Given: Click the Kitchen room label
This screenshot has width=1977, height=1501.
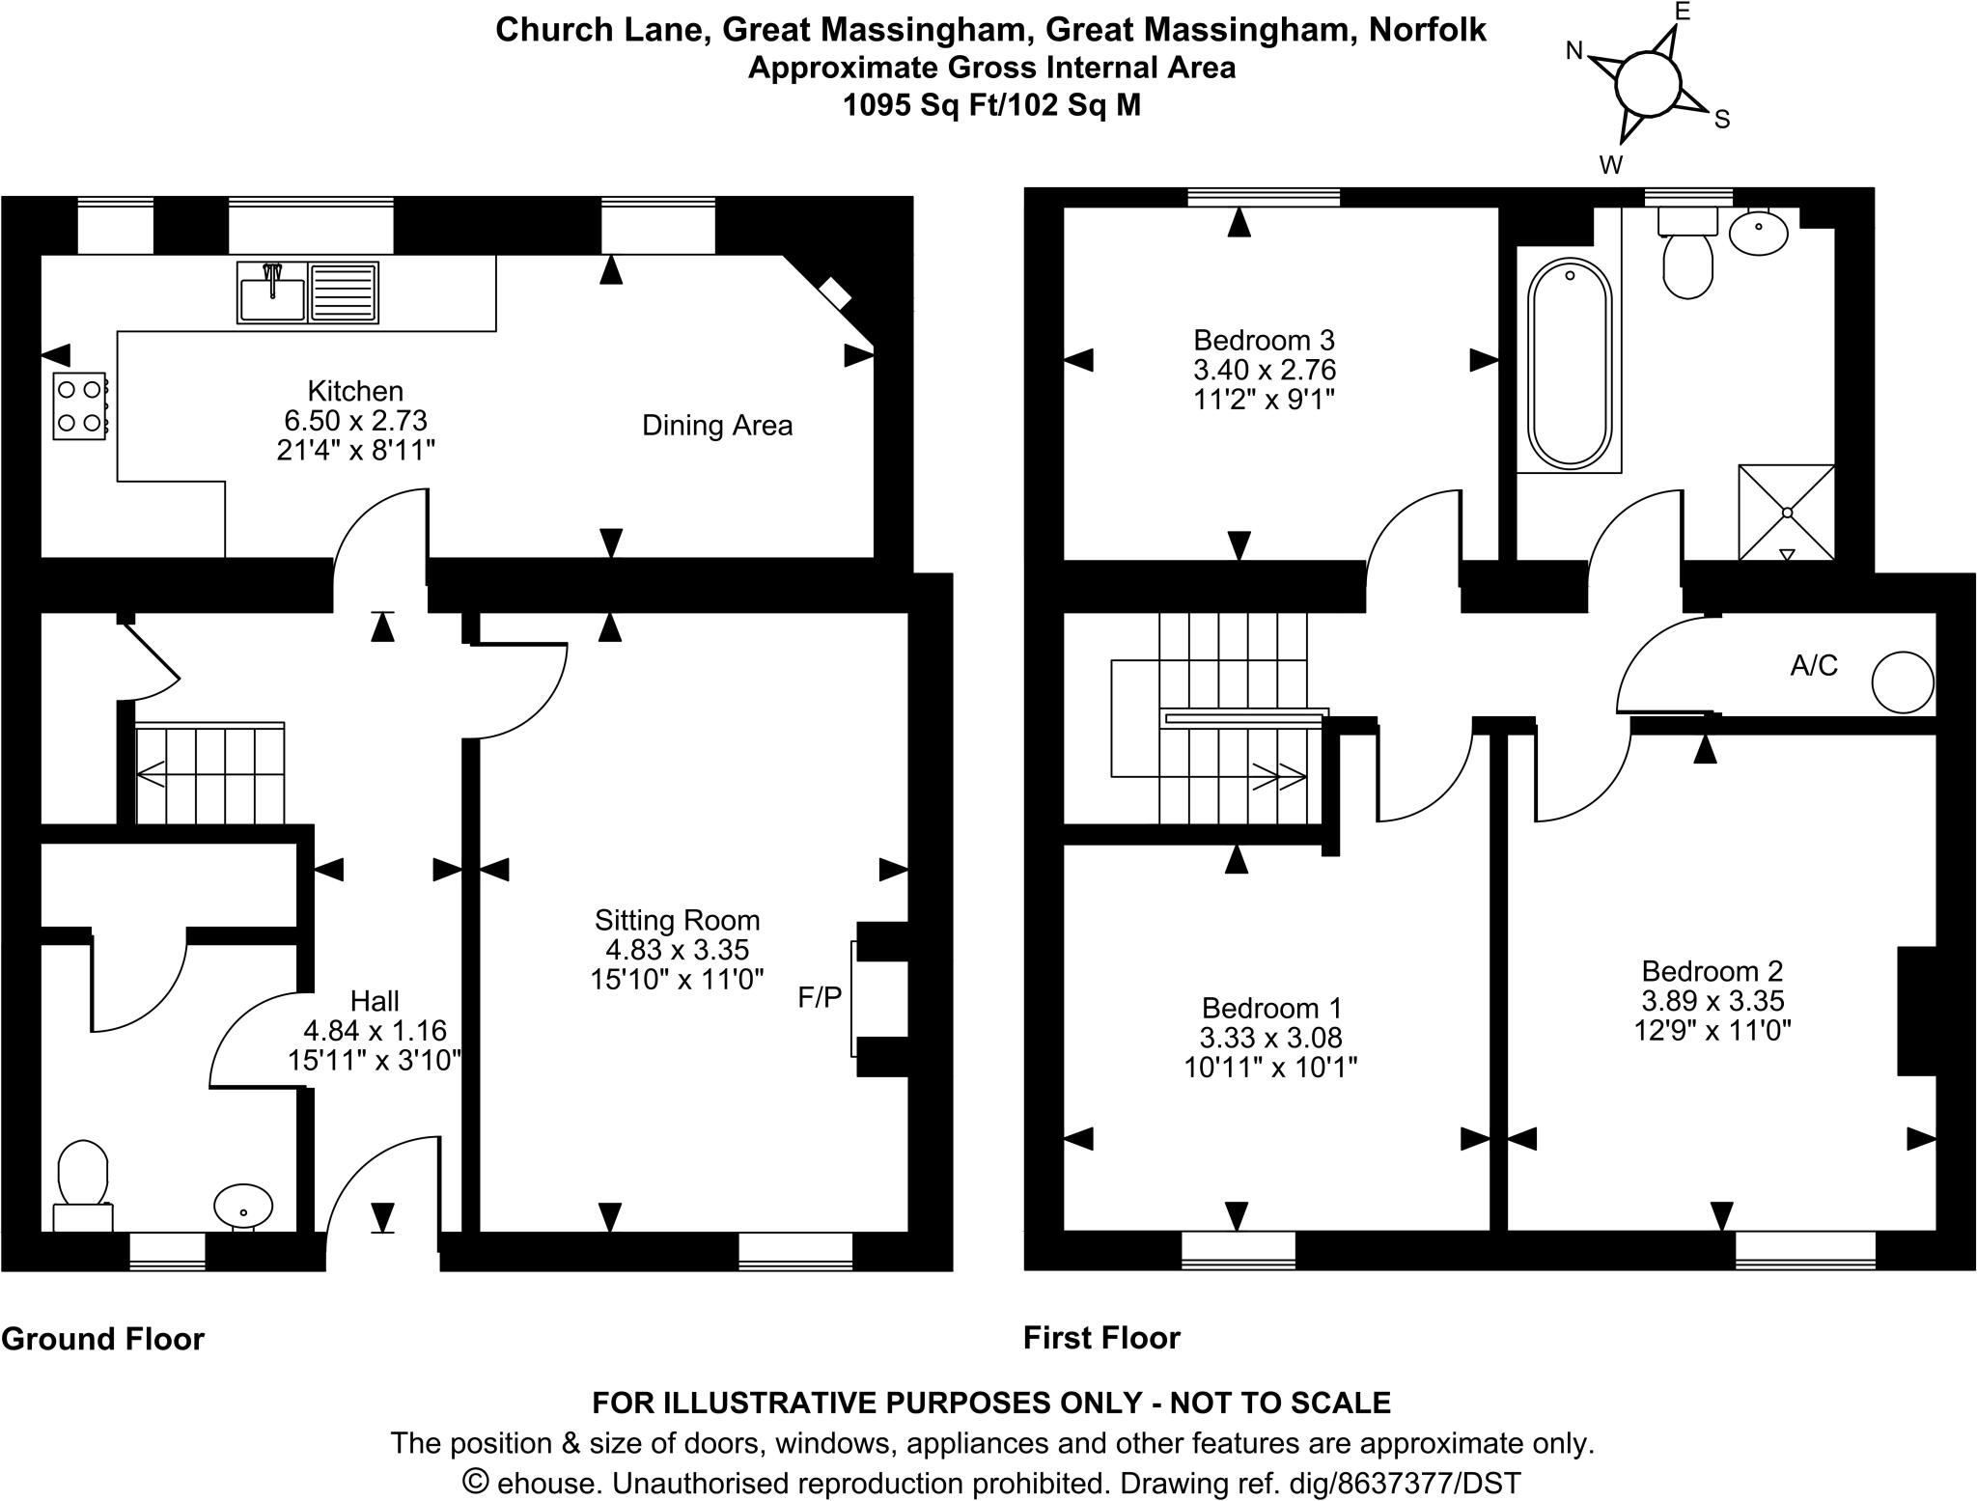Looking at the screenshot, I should click(355, 391).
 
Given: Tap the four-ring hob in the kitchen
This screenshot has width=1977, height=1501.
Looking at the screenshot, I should click(79, 405).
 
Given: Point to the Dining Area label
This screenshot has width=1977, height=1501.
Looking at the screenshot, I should click(717, 426).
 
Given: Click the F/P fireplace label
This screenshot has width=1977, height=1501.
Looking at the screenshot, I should click(820, 998).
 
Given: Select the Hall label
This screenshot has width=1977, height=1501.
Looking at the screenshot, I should click(375, 1001).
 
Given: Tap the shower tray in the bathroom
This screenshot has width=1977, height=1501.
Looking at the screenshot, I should click(1786, 512).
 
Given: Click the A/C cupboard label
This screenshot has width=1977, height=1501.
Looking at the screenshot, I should click(1814, 665).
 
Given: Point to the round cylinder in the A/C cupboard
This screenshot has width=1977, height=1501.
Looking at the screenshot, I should click(1903, 682).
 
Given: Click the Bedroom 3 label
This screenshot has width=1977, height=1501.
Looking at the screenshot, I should click(1264, 340).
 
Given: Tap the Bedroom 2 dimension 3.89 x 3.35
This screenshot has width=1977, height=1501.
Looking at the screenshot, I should click(1712, 1000).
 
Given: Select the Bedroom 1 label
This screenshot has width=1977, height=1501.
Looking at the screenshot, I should click(1271, 1009).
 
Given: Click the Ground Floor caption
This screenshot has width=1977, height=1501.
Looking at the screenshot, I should click(103, 1339).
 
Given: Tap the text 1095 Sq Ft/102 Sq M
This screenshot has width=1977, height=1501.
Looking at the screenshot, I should click(991, 104).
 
